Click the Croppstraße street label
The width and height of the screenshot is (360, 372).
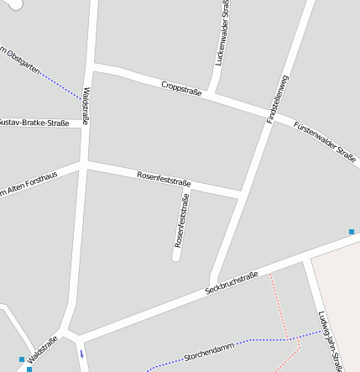pos(181,86)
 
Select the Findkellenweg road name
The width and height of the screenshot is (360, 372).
pos(278,99)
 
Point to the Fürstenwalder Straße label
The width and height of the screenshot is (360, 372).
pos(325,140)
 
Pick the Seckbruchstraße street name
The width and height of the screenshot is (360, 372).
pos(232,283)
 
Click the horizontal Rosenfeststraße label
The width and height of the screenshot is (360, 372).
pos(164,178)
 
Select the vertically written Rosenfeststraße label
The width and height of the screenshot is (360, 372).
pos(181,219)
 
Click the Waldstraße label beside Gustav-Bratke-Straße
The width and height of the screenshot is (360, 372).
pos(86,107)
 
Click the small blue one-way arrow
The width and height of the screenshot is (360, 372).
pos(81,354)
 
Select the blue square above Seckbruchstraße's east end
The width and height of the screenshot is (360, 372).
pos(352,231)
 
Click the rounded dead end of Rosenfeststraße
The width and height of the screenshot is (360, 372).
pos(176,256)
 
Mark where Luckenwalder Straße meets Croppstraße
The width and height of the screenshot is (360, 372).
pos(216,94)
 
